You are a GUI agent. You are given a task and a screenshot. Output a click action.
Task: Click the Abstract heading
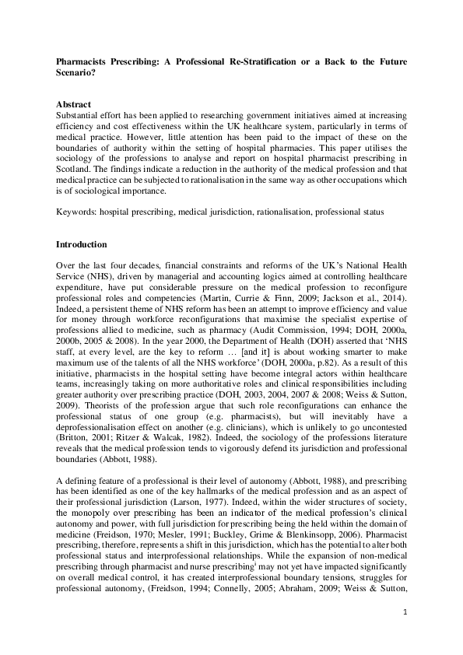pyautogui.click(x=74, y=103)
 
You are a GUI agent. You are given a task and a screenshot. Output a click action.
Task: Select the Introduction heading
pyautogui.click(x=82, y=243)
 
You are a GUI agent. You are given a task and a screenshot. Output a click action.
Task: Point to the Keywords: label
pyautogui.click(x=79, y=211)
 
